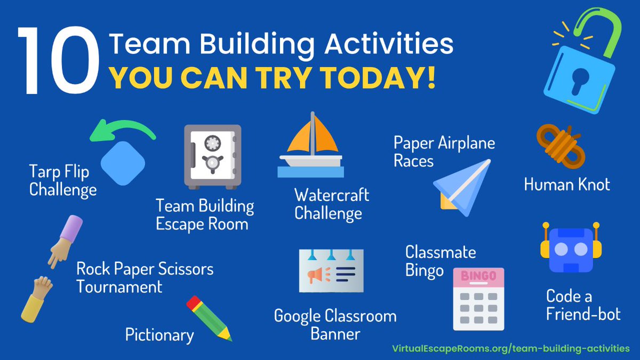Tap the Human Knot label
pyautogui.click(x=566, y=185)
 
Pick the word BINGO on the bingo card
pyautogui.click(x=478, y=277)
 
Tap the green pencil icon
pyautogui.click(x=209, y=318)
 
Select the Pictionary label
pyautogui.click(x=159, y=335)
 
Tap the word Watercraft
pyautogui.click(x=331, y=195)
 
